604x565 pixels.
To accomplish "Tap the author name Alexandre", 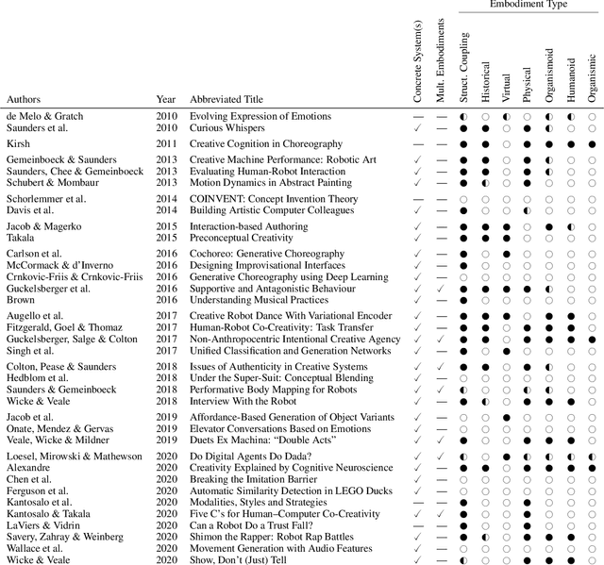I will [x=28, y=466].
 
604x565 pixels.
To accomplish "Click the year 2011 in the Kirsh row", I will [x=166, y=143].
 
